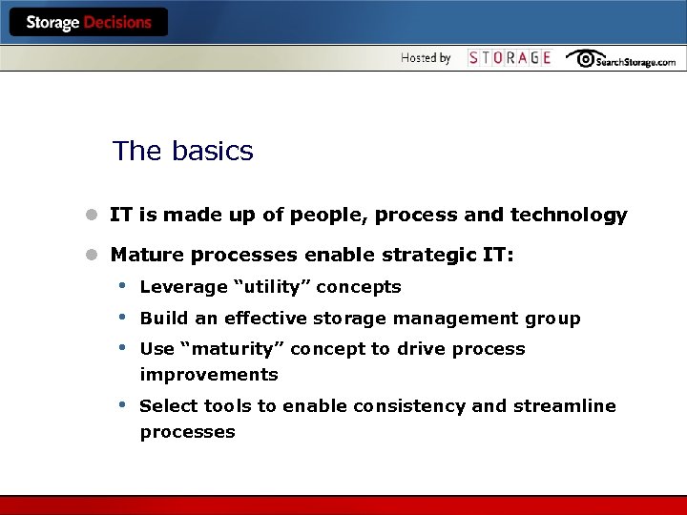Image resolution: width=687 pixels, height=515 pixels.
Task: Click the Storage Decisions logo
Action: [x=89, y=23]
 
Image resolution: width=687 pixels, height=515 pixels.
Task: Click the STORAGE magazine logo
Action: [x=510, y=58]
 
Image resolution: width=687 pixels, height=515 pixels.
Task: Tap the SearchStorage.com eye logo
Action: [x=620, y=59]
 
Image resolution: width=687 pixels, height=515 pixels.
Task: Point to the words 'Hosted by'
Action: [x=426, y=58]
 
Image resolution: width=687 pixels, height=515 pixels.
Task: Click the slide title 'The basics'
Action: [x=182, y=151]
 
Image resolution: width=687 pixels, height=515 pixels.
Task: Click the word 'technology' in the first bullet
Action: [x=569, y=216]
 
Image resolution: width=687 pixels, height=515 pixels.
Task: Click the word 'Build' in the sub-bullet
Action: [x=161, y=319]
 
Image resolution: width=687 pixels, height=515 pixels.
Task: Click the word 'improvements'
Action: [x=209, y=375]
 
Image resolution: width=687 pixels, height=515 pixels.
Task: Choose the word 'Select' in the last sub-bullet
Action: [x=167, y=406]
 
